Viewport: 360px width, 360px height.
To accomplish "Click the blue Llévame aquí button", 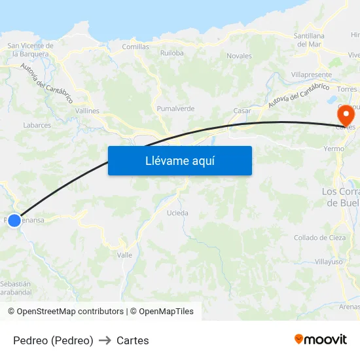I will (179, 160).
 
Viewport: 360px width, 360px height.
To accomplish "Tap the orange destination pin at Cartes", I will (346, 115).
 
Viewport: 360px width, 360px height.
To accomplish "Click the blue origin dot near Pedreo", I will (14, 221).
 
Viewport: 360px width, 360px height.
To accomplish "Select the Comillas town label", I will (135, 47).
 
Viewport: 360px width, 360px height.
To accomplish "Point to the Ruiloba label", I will (171, 53).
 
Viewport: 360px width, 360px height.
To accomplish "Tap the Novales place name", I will (239, 56).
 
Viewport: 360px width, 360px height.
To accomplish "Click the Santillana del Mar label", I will (309, 40).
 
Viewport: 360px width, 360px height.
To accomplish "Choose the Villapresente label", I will (312, 75).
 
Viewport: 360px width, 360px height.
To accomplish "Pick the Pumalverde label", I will (175, 109).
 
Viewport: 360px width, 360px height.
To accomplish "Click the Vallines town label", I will (87, 111).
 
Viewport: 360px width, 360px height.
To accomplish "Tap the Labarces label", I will (37, 125).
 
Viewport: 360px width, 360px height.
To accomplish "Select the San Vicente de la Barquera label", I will (30, 50).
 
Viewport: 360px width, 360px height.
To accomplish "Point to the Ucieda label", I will (177, 213).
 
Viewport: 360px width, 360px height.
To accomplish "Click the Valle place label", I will (124, 255).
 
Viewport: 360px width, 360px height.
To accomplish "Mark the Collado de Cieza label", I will (319, 238).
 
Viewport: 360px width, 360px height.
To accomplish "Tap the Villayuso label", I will (329, 261).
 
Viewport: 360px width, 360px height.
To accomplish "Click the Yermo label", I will (334, 149).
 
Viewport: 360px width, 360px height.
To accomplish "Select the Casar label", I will (242, 111).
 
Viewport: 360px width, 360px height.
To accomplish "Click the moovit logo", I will (320, 340).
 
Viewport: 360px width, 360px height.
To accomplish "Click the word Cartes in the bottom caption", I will (132, 340).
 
